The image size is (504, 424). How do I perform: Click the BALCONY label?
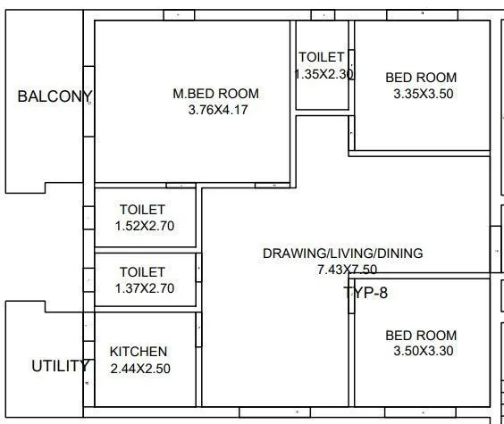point(55,96)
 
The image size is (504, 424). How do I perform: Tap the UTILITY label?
point(60,366)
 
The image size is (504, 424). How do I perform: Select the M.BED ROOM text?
point(215,94)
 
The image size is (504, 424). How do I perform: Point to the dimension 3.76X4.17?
point(215,110)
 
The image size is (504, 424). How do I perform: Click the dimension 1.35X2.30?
point(324,75)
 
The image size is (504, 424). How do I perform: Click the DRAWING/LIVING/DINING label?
point(342,254)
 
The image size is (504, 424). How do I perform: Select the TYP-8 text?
point(365,292)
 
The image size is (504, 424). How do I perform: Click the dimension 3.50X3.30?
point(423,351)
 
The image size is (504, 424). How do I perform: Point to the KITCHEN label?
point(138,352)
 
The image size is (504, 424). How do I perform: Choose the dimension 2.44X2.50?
point(139,368)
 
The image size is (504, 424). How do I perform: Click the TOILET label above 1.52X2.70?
point(142,210)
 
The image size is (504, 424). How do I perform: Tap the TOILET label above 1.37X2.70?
point(143,272)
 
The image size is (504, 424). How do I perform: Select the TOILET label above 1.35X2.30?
point(322,57)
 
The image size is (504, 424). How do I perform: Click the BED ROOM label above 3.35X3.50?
point(421,78)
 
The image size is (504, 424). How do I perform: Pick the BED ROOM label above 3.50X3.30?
point(421,335)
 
